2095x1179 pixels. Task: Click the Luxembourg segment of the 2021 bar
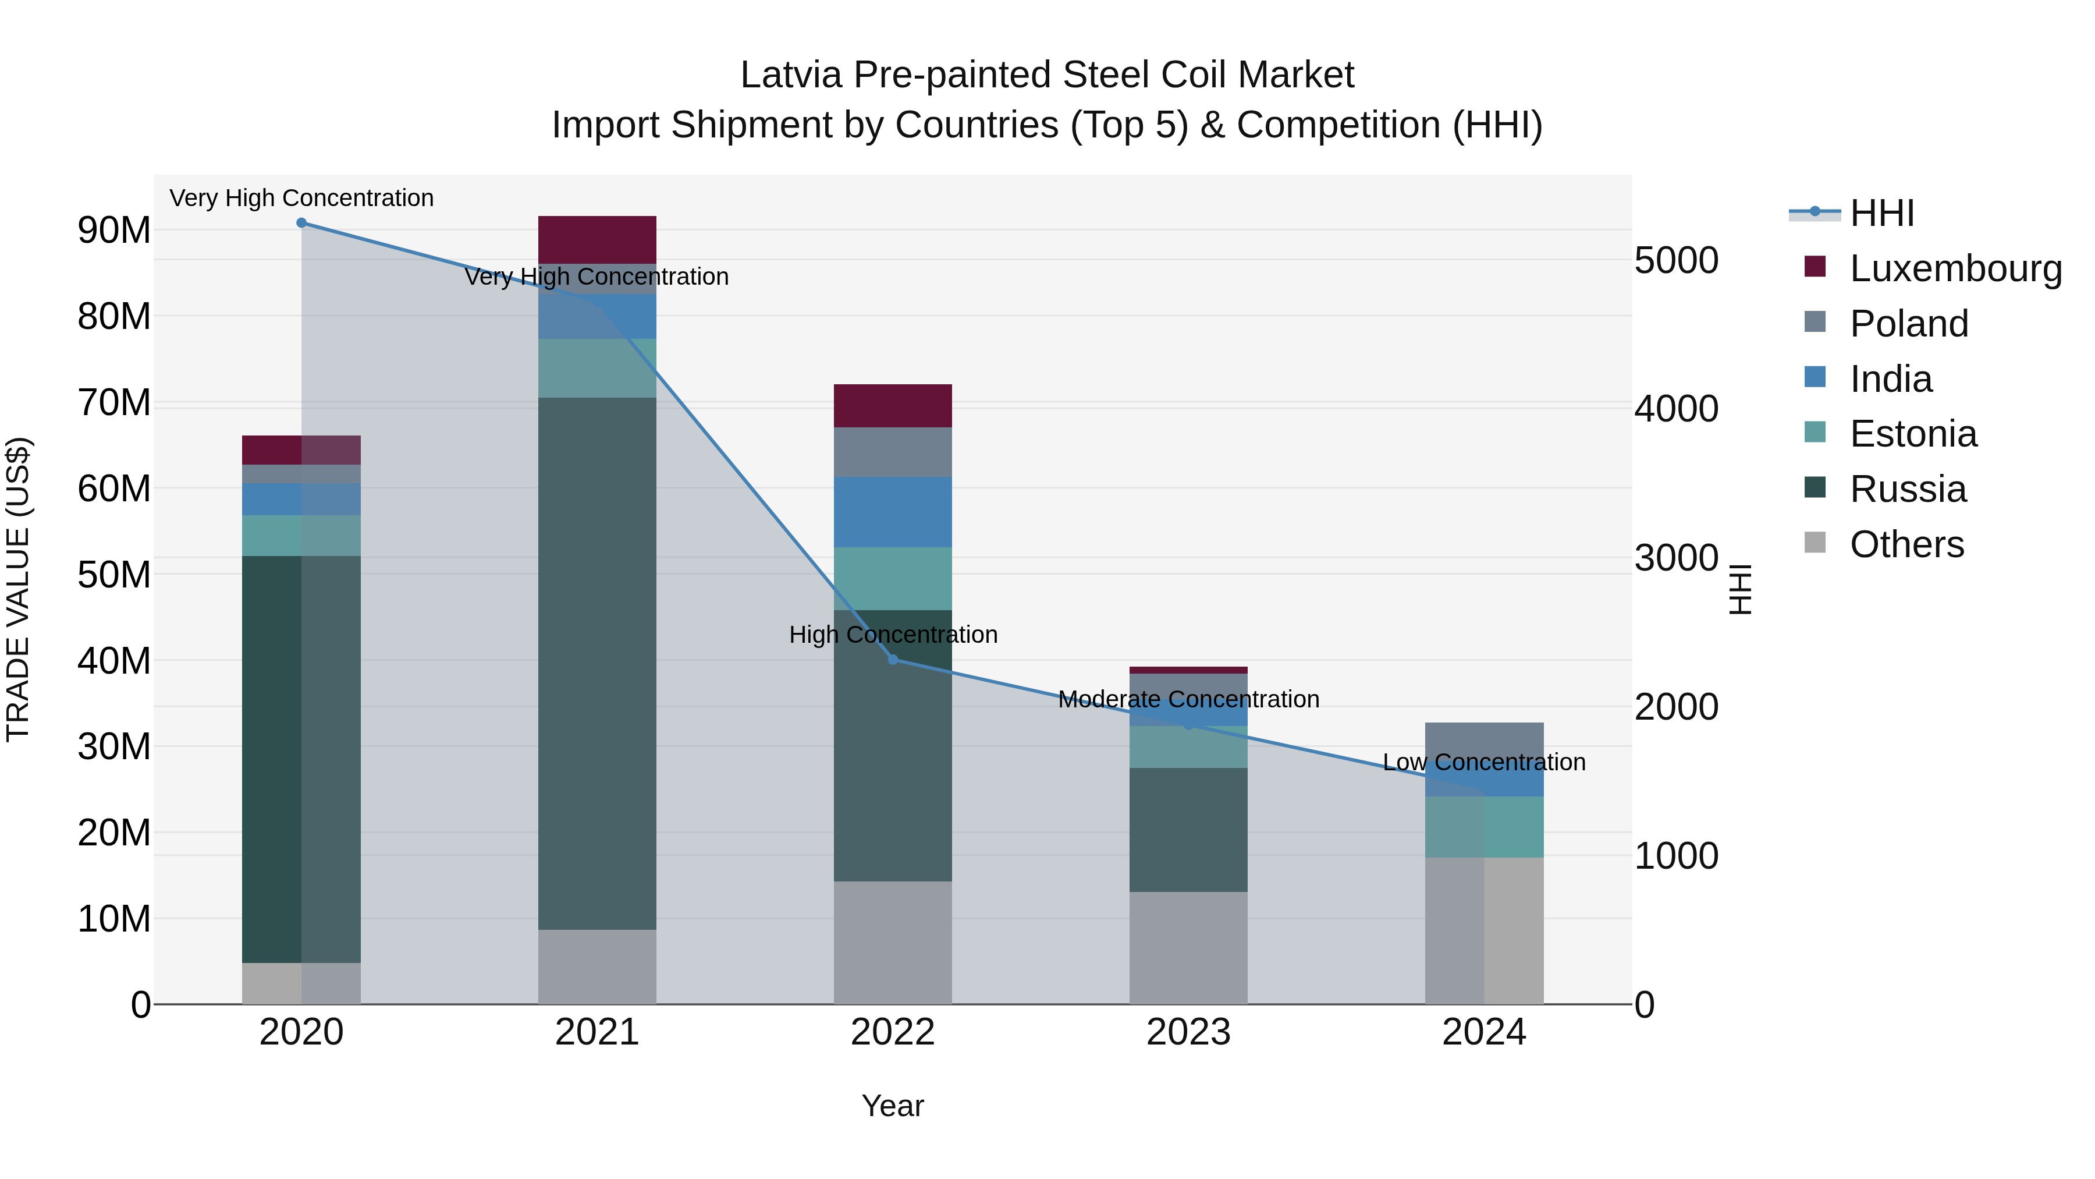pos(597,239)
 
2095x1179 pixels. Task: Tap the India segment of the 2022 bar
pos(892,512)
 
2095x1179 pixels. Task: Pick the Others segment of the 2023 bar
pos(1188,947)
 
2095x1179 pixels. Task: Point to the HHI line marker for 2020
pos(301,223)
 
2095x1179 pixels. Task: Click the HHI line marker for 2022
pos(893,660)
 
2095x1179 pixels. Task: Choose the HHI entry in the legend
pos(1881,213)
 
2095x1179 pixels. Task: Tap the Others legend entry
pos(1905,544)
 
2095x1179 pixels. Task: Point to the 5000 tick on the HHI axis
pos(1675,260)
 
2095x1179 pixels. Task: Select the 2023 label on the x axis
pos(1188,1032)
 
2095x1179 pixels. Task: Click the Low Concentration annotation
pos(1483,762)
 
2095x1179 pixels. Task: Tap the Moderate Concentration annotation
pos(1188,700)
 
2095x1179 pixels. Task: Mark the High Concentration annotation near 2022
pos(893,635)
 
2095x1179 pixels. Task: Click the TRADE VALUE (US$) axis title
pos(18,589)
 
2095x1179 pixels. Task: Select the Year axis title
pos(892,1106)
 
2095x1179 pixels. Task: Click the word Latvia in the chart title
pos(790,76)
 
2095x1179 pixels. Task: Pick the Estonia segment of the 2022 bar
pos(892,579)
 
